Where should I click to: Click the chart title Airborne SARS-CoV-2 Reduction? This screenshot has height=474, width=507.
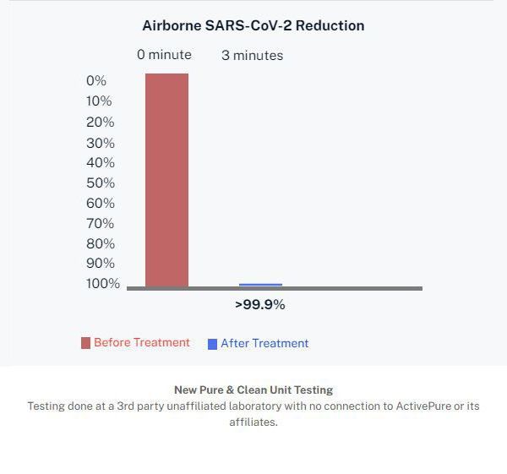(x=253, y=25)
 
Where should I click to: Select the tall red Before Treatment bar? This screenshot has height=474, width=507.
(x=166, y=179)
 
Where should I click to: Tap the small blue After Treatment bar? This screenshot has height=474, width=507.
(x=260, y=285)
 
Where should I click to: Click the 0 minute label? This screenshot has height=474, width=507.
(x=165, y=55)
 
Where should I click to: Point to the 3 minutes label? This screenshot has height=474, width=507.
(x=253, y=56)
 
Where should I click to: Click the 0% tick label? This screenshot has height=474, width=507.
(x=96, y=81)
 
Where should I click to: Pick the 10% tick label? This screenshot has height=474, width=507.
(x=99, y=101)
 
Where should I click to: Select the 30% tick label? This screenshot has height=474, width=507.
(x=100, y=143)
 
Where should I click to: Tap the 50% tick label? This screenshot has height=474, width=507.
(x=100, y=183)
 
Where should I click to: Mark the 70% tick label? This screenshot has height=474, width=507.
(x=100, y=224)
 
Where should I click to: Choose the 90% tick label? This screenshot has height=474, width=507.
(x=100, y=264)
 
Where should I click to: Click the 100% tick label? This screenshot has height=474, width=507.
(x=103, y=284)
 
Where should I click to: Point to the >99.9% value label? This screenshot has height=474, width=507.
(x=259, y=305)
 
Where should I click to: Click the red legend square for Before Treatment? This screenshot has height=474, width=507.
(x=85, y=343)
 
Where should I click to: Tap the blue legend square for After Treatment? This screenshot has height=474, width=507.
(x=212, y=344)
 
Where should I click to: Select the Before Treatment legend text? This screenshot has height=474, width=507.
(x=142, y=342)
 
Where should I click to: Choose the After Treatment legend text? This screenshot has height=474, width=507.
(x=264, y=344)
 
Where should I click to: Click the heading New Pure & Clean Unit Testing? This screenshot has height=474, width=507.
(x=253, y=390)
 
